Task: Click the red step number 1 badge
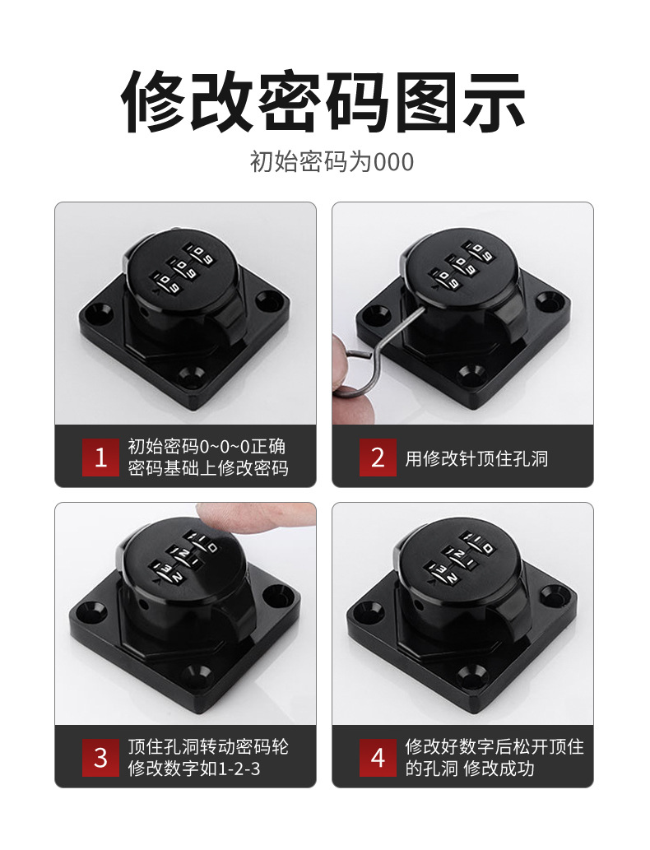click(x=100, y=458)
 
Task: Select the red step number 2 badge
click(x=378, y=458)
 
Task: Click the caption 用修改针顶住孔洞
click(x=476, y=458)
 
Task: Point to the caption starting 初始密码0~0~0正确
click(x=207, y=447)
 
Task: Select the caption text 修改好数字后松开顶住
click(x=494, y=746)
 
